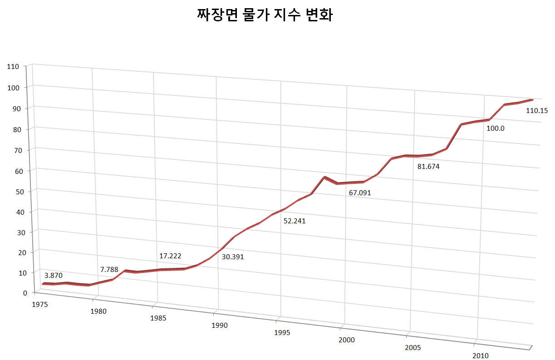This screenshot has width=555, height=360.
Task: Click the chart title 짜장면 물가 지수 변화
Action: [x=265, y=16]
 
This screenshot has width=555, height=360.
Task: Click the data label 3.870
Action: [x=54, y=276]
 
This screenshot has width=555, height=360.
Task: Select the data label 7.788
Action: [x=109, y=270]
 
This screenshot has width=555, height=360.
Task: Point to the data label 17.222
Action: [x=170, y=256]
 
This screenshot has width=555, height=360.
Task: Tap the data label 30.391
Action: [x=233, y=257]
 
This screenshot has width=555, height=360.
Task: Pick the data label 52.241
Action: [x=295, y=222]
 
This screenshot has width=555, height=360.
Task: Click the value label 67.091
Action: [x=360, y=193]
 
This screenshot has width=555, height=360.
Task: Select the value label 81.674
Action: [x=428, y=167]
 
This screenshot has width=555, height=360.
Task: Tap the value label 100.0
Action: [x=496, y=128]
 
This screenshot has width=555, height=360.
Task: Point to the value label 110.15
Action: [x=537, y=110]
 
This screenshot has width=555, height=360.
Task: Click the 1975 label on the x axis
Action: [x=40, y=304]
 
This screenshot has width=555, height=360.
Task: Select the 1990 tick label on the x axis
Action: [x=219, y=325]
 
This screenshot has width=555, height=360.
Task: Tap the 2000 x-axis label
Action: [x=347, y=340]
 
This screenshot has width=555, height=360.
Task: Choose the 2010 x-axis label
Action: [x=481, y=355]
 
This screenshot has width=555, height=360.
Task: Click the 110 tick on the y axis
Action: [x=13, y=67]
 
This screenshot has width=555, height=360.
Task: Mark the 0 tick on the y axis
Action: [x=19, y=293]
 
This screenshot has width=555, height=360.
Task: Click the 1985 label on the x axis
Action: [x=158, y=318]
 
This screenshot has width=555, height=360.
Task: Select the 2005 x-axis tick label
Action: [x=413, y=348]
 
